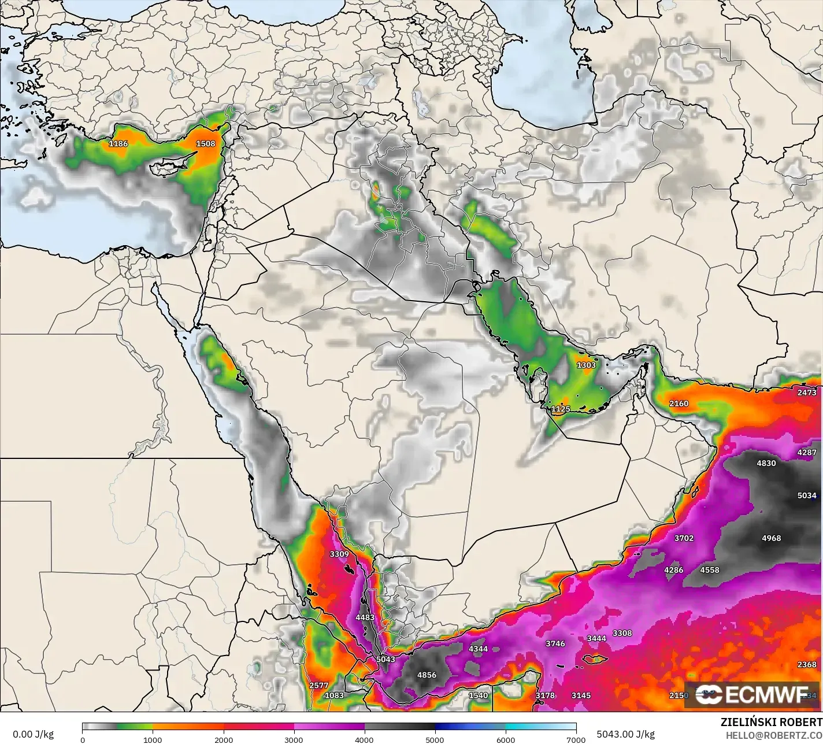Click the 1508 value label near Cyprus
(206, 144)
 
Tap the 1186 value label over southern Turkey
(118, 143)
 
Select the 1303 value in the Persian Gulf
(586, 365)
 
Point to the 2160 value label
(679, 404)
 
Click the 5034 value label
(807, 495)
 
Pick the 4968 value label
(771, 538)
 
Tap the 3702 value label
(684, 538)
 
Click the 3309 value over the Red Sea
(339, 554)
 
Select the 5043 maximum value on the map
(385, 659)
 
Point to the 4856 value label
(427, 675)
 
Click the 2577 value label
(319, 685)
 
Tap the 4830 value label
(766, 463)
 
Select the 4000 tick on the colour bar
(365, 739)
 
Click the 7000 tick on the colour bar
(576, 739)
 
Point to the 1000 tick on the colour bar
(153, 739)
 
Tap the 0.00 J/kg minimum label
(33, 734)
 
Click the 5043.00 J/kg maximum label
(625, 734)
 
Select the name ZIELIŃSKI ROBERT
(771, 722)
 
